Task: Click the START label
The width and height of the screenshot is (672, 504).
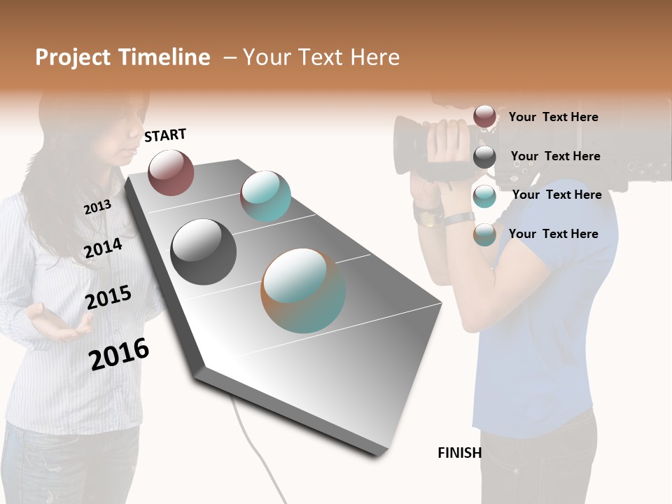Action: (x=165, y=135)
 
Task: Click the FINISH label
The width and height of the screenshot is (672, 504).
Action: (x=459, y=453)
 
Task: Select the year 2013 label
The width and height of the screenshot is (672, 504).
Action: (x=97, y=206)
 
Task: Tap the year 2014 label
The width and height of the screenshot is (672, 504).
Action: (x=104, y=248)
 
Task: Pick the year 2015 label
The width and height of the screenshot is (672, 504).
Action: (x=108, y=297)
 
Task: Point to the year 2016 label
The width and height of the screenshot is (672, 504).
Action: (x=119, y=353)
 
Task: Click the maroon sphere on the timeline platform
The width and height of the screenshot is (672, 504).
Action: (x=171, y=172)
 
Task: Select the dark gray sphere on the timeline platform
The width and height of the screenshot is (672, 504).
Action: (x=204, y=252)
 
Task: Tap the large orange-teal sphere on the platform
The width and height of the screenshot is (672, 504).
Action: (x=303, y=290)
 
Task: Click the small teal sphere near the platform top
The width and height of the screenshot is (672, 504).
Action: (x=265, y=196)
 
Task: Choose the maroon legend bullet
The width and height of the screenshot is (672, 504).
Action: (x=484, y=116)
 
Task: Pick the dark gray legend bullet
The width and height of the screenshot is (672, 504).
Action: (x=484, y=156)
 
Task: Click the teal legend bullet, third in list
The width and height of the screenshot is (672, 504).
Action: (x=484, y=196)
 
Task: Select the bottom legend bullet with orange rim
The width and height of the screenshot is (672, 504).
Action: (x=484, y=234)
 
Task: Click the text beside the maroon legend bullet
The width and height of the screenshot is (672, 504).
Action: (x=553, y=117)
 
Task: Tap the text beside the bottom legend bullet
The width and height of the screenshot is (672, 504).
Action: (x=553, y=234)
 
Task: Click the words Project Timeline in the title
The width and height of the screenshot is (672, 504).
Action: (x=122, y=57)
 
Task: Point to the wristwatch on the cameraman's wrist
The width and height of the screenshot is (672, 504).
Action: (x=428, y=216)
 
